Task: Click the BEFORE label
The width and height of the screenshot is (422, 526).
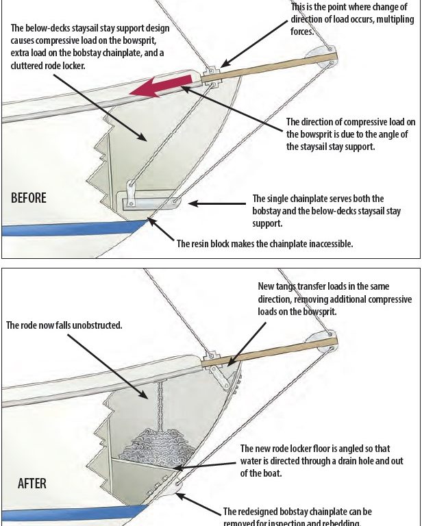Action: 29,198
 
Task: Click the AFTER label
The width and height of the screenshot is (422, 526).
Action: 32,484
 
